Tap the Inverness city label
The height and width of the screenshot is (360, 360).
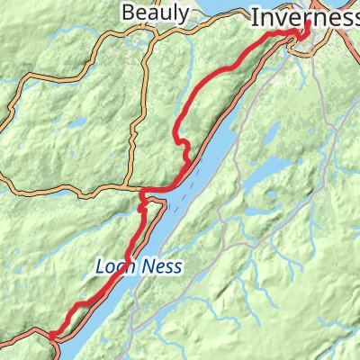pyautogui.click(x=304, y=16)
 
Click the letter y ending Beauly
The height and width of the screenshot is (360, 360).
pyautogui.click(x=184, y=14)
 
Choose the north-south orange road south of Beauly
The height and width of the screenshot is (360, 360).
pyautogui.click(x=134, y=135)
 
